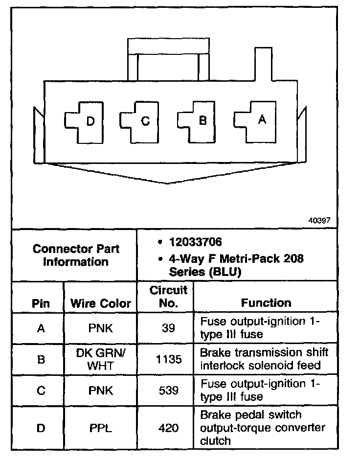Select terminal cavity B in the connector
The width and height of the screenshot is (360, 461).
tap(199, 121)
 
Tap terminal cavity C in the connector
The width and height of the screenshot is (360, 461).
tap(141, 121)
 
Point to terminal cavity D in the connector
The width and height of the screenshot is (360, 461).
tap(86, 121)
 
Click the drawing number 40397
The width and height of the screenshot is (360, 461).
tap(319, 221)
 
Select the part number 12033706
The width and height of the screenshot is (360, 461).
tap(195, 242)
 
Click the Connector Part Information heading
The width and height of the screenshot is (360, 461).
tap(76, 255)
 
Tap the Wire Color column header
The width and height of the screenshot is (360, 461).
tap(101, 303)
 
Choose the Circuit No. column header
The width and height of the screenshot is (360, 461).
tap(168, 297)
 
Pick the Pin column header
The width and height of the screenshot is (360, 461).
tap(41, 303)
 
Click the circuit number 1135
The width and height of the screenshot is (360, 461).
tap(168, 360)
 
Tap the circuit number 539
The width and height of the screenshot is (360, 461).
tap(168, 391)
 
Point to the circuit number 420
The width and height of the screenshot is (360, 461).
tap(168, 428)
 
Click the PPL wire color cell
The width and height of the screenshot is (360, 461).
tap(100, 428)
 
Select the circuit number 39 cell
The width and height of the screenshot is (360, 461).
tap(168, 328)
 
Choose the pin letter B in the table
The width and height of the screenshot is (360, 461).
tap(41, 360)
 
